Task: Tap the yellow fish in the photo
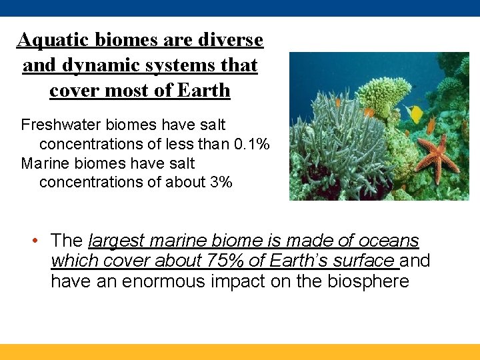pos(415,113)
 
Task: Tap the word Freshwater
pos(61,125)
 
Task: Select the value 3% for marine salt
pos(221,182)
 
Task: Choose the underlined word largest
pos(117,241)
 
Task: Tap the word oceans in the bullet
pos(389,241)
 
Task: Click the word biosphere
pos(368,281)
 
